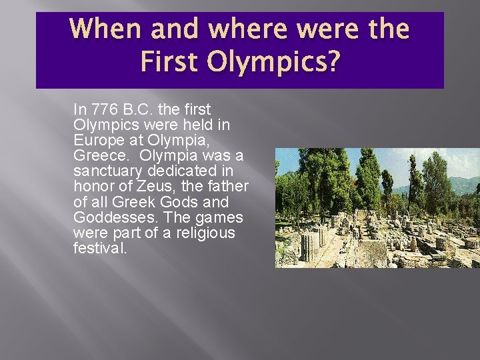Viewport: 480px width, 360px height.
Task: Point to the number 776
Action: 105,109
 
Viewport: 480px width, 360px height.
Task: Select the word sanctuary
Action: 109,171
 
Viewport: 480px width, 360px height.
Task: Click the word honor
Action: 93,187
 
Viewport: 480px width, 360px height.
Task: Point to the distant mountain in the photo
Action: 460,183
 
